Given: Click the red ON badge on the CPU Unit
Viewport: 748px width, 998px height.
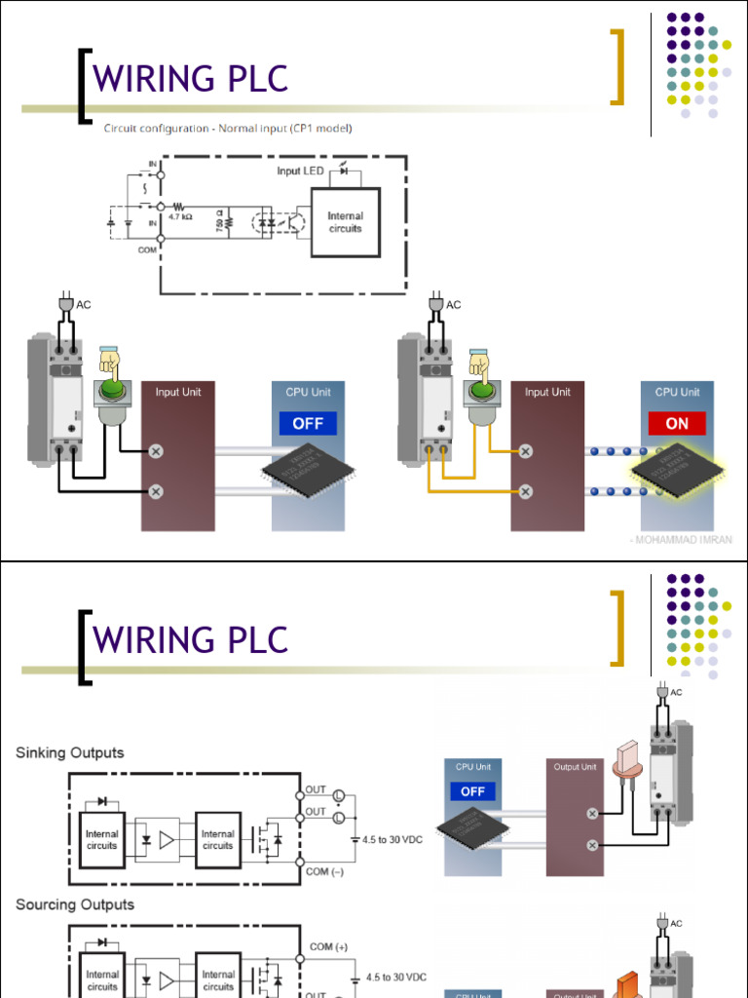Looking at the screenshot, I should [x=676, y=423].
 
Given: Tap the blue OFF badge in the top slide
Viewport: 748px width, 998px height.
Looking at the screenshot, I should [x=308, y=423].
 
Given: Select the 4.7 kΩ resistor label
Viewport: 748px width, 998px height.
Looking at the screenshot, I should [x=181, y=218].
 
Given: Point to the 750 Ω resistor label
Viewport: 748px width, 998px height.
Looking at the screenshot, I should [x=219, y=222].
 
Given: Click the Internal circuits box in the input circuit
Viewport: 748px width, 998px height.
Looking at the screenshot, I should [x=345, y=222].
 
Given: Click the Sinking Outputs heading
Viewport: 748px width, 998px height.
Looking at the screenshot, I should [x=70, y=752].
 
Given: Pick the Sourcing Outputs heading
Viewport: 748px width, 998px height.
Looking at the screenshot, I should [x=75, y=904].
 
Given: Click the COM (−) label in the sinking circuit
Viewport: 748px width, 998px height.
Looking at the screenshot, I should [x=324, y=871].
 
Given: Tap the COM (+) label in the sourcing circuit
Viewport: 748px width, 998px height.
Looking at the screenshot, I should [x=328, y=946].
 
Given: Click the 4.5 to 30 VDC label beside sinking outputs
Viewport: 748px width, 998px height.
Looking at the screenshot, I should [x=393, y=839].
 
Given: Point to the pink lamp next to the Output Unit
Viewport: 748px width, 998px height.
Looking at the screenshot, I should [x=626, y=765].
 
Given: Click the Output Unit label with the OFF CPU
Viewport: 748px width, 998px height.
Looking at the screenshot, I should [x=575, y=767].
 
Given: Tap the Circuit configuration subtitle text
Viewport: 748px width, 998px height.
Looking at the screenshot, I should [x=228, y=129].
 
